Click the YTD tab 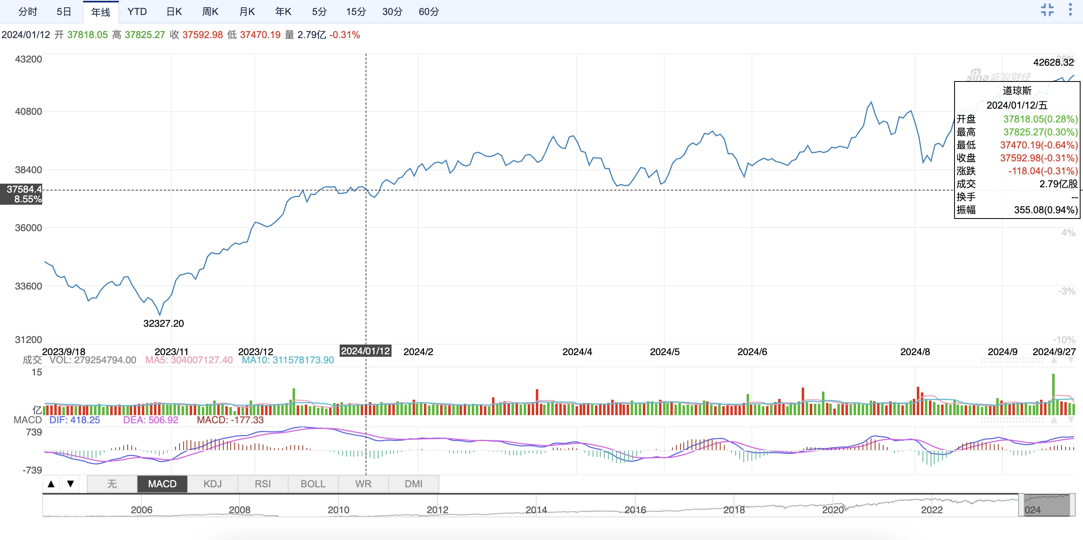pyautogui.click(x=137, y=12)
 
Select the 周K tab pyautogui.click(x=210, y=12)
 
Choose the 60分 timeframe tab pyautogui.click(x=428, y=12)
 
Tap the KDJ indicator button pyautogui.click(x=212, y=484)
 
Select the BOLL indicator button pyautogui.click(x=313, y=484)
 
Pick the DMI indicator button pyautogui.click(x=413, y=484)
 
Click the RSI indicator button pyautogui.click(x=263, y=484)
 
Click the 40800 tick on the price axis pyautogui.click(x=28, y=111)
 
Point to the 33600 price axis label pyautogui.click(x=28, y=286)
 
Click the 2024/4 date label pyautogui.click(x=577, y=351)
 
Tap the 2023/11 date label pyautogui.click(x=171, y=351)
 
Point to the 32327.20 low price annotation pyautogui.click(x=163, y=324)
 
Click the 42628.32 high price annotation pyautogui.click(x=1053, y=62)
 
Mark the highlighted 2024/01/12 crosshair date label pyautogui.click(x=365, y=351)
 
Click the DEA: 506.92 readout pyautogui.click(x=150, y=420)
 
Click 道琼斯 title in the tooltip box pyautogui.click(x=1017, y=91)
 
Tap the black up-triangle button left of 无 pyautogui.click(x=51, y=484)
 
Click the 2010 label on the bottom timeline pyautogui.click(x=338, y=510)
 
